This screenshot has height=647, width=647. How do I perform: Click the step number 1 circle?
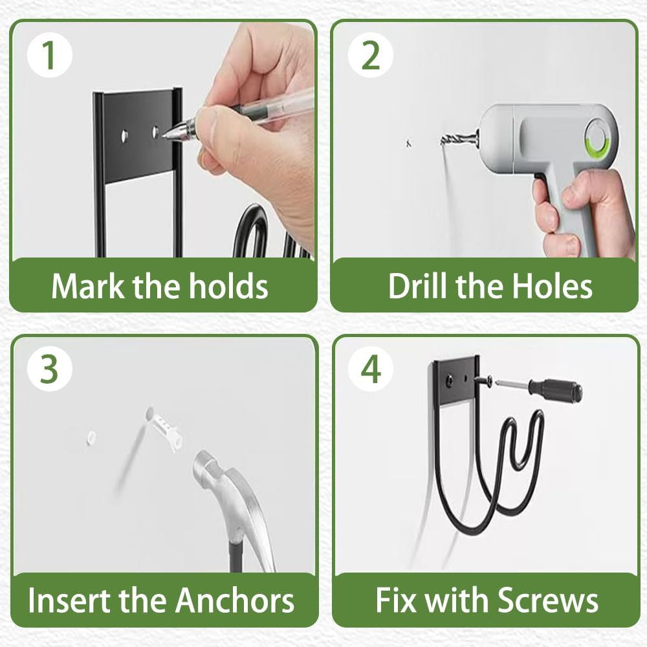pyautogui.click(x=50, y=55)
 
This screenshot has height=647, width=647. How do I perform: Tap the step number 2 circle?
pyautogui.click(x=370, y=55)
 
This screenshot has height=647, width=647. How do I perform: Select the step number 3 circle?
pyautogui.click(x=50, y=369)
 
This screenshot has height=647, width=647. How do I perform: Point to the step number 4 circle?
pyautogui.click(x=370, y=369)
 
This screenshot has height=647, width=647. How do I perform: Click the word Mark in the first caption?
pyautogui.click(x=87, y=285)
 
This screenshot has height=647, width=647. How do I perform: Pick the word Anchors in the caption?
pyautogui.click(x=235, y=600)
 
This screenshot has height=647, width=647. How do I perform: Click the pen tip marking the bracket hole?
pyautogui.click(x=162, y=135)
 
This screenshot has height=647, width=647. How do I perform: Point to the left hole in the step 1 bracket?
pyautogui.click(x=124, y=135)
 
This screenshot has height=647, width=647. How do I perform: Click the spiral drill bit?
pyautogui.click(x=457, y=138)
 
